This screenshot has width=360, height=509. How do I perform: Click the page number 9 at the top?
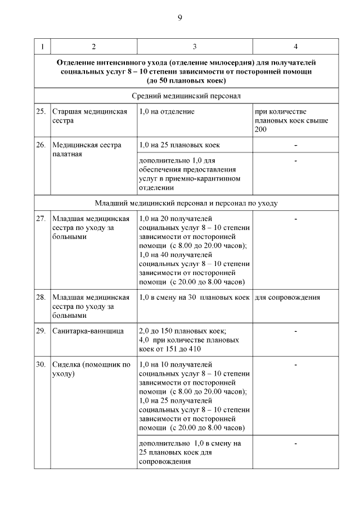(x=180, y=18)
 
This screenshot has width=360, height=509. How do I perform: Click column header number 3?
(x=195, y=46)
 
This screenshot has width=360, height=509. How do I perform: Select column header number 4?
(x=295, y=46)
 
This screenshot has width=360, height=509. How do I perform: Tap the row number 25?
(x=41, y=111)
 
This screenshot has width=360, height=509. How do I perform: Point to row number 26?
(x=41, y=145)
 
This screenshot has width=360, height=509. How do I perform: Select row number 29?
(x=41, y=331)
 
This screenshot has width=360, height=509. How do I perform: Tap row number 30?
(x=41, y=364)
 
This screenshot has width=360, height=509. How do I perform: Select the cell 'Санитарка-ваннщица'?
(x=88, y=331)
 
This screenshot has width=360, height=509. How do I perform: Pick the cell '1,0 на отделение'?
(x=166, y=111)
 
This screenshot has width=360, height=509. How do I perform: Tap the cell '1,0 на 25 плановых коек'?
(x=179, y=145)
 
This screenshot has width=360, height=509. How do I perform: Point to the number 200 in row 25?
(x=261, y=129)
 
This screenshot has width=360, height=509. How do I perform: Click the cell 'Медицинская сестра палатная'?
(x=86, y=149)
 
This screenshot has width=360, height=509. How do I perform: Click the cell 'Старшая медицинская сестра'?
(x=89, y=116)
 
